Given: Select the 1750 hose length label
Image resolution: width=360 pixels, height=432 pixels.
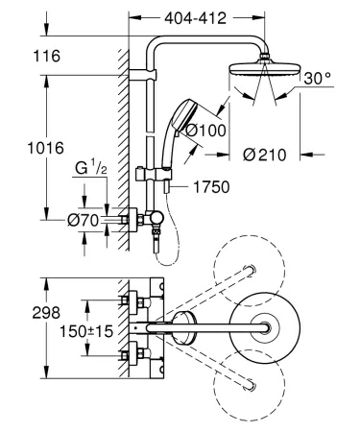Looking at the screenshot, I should (210, 187).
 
